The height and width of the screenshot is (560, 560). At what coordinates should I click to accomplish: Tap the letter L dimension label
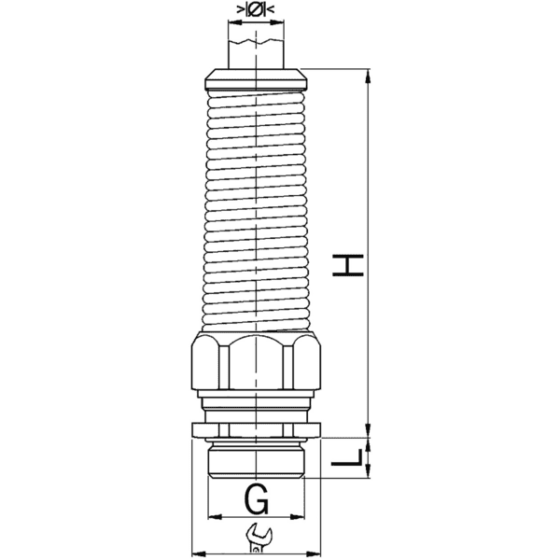click(x=348, y=457)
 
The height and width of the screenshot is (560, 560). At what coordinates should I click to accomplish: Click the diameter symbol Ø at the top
click(x=256, y=11)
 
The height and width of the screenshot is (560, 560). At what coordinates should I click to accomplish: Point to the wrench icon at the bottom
click(x=257, y=539)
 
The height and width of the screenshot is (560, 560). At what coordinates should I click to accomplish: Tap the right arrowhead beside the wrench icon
click(x=316, y=550)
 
